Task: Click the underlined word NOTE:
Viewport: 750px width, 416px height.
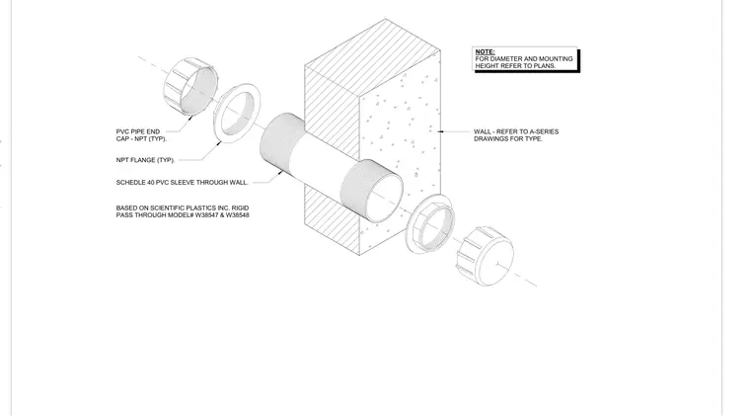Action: pos(485,51)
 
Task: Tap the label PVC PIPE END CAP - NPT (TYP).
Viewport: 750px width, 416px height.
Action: pos(141,135)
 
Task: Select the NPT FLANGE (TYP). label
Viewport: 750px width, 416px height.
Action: pos(145,160)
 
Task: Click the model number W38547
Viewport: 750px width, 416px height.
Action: pos(205,215)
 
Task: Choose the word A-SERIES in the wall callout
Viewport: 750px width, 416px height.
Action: pos(544,131)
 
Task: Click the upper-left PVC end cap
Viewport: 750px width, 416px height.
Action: pos(190,86)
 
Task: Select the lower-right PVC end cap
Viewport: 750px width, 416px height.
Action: pos(485,256)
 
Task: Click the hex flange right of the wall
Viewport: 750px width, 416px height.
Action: pos(429,224)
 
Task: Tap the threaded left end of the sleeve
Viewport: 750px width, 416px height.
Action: pos(282,141)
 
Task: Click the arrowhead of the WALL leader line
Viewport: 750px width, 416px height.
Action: pos(440,131)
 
